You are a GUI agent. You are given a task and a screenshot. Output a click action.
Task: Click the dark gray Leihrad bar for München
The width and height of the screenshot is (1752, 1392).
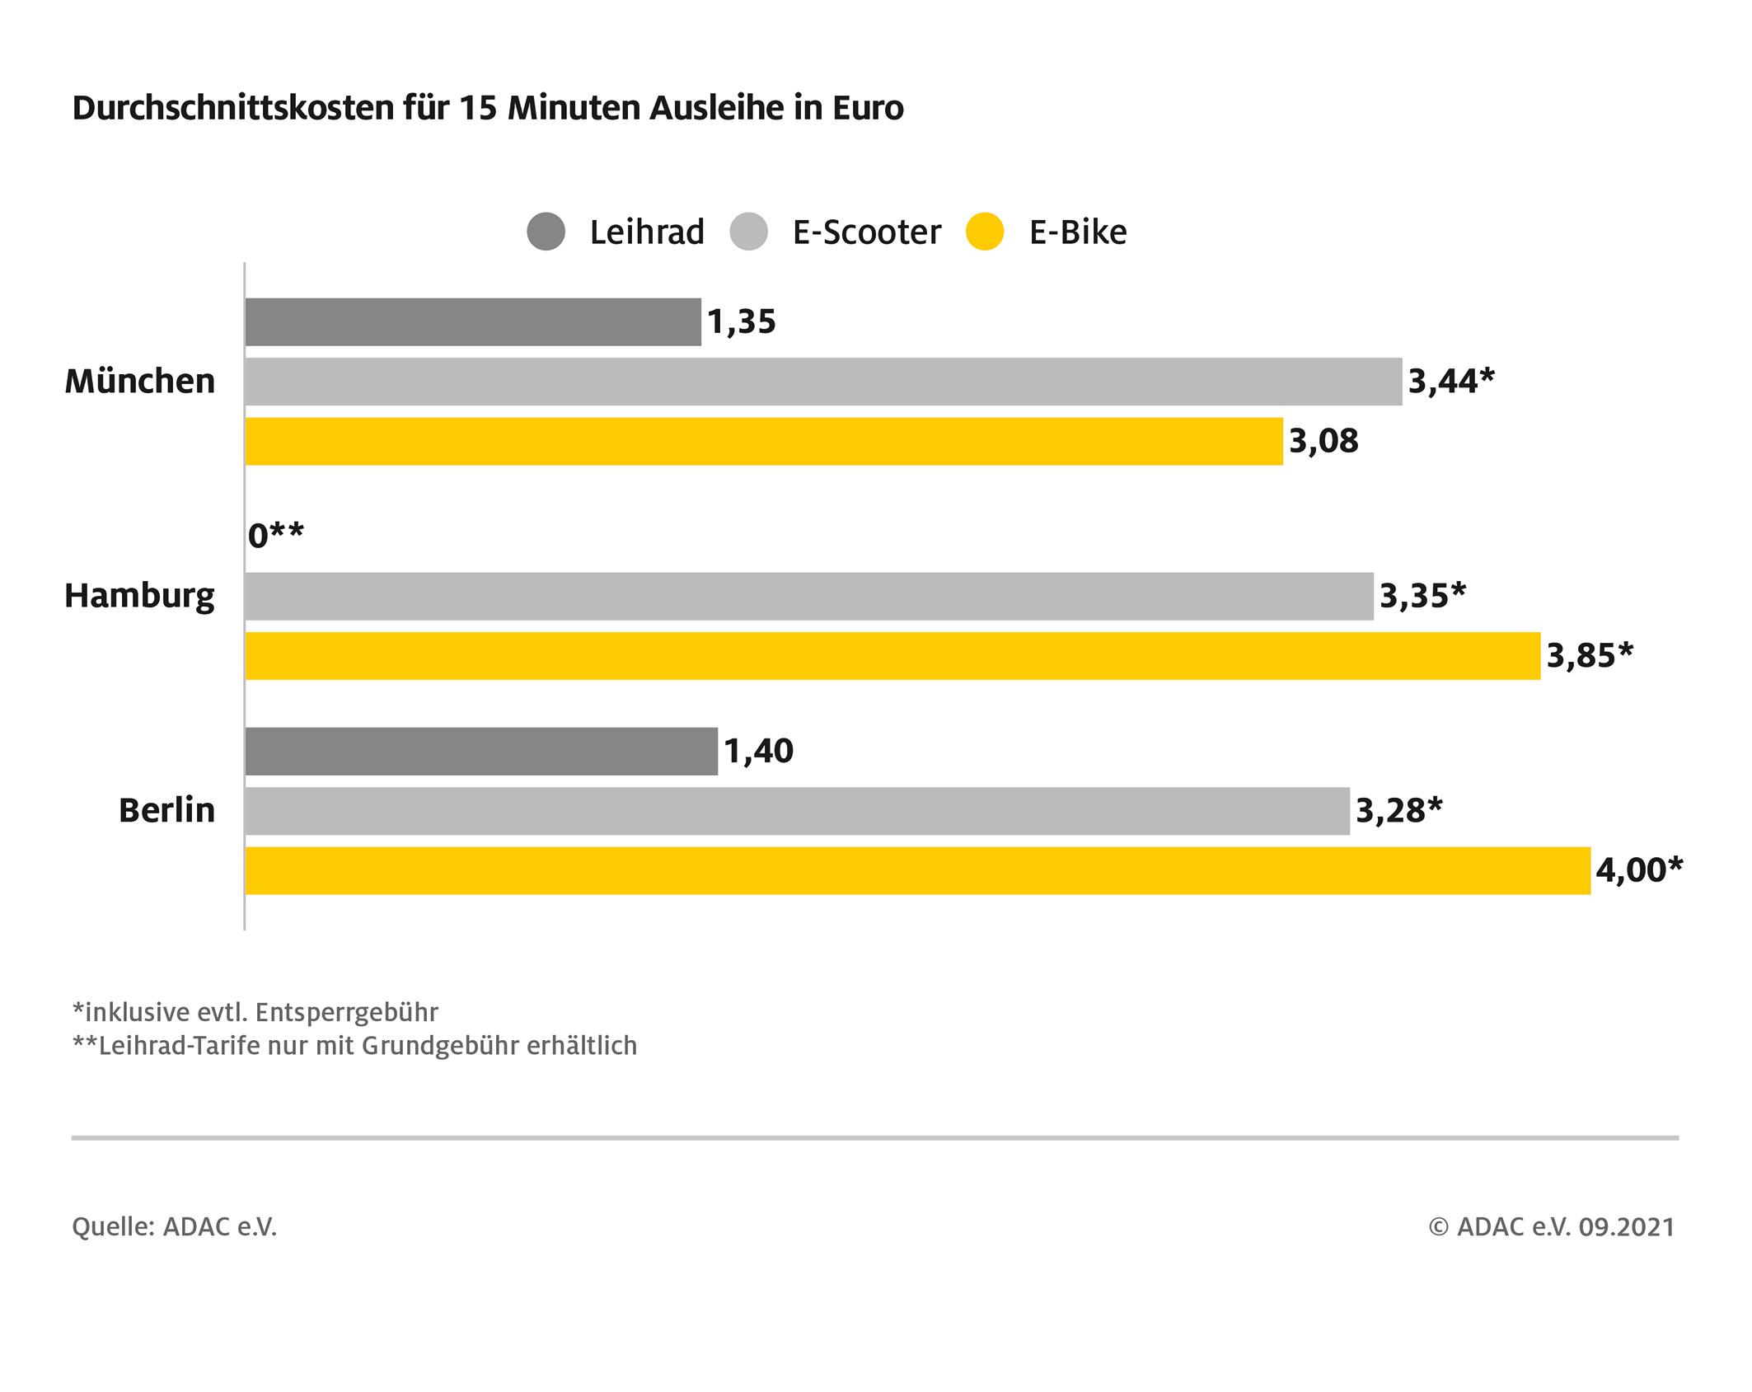[x=473, y=322]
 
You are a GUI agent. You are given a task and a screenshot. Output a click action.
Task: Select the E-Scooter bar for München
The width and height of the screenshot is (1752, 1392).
[x=823, y=382]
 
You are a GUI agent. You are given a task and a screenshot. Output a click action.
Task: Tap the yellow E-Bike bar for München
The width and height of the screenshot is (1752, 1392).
[x=764, y=442]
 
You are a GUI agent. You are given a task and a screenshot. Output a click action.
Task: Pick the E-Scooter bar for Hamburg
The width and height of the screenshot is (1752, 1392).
[x=809, y=597]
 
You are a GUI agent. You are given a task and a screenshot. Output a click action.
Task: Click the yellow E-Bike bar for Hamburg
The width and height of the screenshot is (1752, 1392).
[x=892, y=656]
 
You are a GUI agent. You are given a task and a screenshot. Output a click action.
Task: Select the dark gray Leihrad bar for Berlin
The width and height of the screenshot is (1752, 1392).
[x=481, y=752]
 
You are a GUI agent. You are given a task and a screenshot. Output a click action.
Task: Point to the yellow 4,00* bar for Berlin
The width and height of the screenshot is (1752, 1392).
[x=917, y=870]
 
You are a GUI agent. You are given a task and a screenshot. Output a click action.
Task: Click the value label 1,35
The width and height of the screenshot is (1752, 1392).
[x=742, y=322]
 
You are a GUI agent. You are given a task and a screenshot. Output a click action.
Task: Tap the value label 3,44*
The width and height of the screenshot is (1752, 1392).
[x=1451, y=382]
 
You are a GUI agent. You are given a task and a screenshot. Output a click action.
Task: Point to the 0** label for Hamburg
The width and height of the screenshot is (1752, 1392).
[x=276, y=537]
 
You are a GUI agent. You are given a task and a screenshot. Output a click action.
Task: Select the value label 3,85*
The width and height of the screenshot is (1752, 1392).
[x=1590, y=656]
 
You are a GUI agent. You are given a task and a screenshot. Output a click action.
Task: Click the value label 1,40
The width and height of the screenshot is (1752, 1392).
[x=759, y=752]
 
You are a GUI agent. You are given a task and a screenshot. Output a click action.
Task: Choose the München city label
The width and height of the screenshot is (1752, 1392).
[x=140, y=382]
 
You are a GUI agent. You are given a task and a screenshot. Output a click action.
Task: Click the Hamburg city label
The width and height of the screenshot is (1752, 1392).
[x=139, y=596]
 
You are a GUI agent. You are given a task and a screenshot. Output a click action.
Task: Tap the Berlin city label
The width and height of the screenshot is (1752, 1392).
[x=166, y=811]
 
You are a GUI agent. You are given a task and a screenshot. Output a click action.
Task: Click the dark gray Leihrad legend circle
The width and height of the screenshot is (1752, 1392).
[x=546, y=232]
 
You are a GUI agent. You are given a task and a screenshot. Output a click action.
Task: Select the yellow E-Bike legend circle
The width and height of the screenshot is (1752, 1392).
[x=985, y=232]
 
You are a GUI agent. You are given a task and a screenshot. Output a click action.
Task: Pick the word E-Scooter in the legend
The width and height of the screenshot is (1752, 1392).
[x=866, y=232]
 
